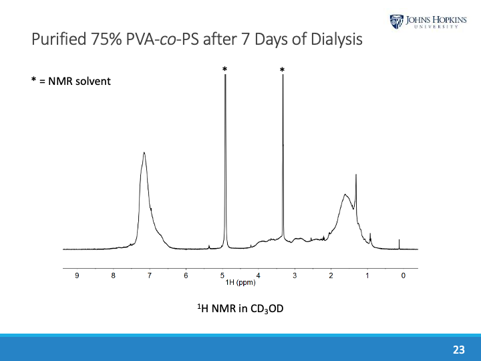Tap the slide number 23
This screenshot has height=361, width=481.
point(459,350)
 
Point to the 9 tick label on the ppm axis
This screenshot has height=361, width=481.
point(77,275)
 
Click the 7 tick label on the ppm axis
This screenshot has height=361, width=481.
point(150,275)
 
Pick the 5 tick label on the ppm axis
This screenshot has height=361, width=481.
point(222,275)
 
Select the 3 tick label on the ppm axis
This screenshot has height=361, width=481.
point(295,275)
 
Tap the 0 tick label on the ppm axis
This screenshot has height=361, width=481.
point(403,275)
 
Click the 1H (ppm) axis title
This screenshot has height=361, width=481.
point(240,282)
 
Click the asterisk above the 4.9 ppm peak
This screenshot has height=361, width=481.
point(225,69)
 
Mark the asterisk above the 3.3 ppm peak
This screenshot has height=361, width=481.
point(283,70)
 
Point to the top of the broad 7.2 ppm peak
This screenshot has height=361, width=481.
point(144,153)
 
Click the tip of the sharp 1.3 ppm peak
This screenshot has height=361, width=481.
point(356,175)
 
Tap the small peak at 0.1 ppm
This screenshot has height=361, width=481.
point(399,240)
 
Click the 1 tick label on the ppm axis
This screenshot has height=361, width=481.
point(367,275)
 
